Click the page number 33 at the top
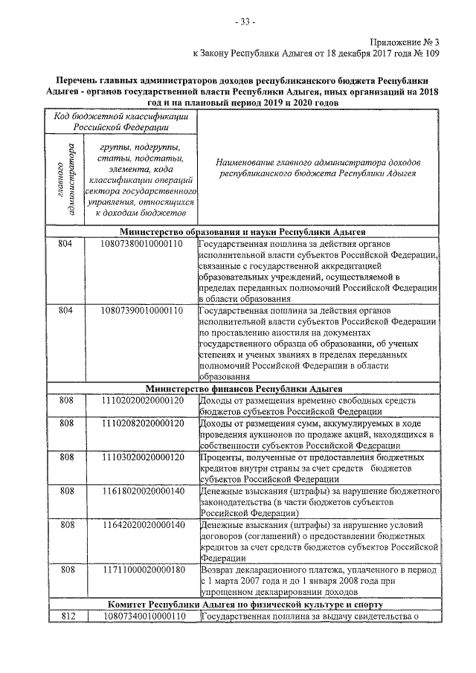[x=244, y=22]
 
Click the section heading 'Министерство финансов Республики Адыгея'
[x=243, y=388]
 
